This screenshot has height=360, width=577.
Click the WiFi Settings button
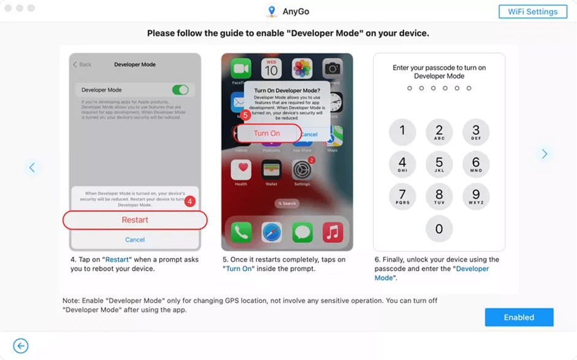pyautogui.click(x=532, y=12)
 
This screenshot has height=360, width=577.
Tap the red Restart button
pyautogui.click(x=135, y=220)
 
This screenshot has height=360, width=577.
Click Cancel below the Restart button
pyautogui.click(x=135, y=239)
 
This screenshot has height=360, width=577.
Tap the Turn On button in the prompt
pyautogui.click(x=267, y=133)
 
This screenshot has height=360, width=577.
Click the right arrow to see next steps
pyautogui.click(x=544, y=154)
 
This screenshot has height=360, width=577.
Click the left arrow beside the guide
pyautogui.click(x=32, y=167)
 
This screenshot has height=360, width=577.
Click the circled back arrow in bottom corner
pyautogui.click(x=20, y=346)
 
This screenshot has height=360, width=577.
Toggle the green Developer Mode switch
pyautogui.click(x=180, y=90)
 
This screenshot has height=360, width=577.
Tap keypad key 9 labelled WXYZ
pyautogui.click(x=475, y=196)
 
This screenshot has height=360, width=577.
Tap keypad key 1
pyautogui.click(x=402, y=131)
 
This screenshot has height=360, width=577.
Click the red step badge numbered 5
pyautogui.click(x=245, y=115)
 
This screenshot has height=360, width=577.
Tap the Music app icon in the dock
pyautogui.click(x=332, y=232)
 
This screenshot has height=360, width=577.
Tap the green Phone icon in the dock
pyautogui.click(x=240, y=232)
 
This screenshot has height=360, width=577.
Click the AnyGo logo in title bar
pyautogui.click(x=272, y=12)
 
